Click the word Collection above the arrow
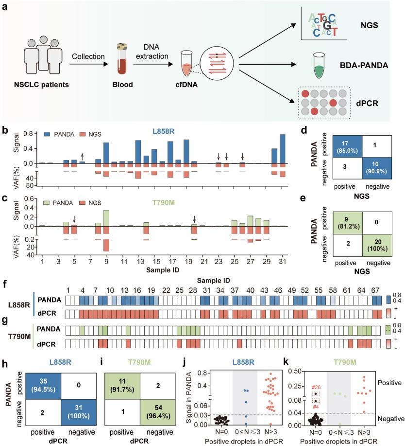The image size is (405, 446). [x=88, y=56]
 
